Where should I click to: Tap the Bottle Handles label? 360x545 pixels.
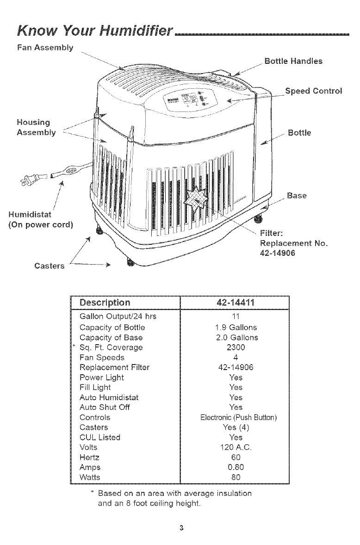293,61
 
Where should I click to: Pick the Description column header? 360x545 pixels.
105,303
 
